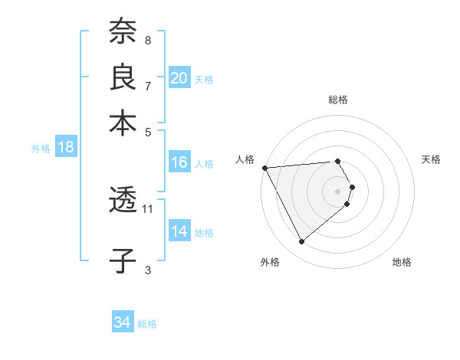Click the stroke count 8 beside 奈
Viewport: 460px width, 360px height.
148,40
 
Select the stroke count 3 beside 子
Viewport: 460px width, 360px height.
148,269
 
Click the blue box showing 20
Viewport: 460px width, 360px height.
179,78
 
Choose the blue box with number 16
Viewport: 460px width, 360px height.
179,162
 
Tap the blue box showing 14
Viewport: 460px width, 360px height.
179,231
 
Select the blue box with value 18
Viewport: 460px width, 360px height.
65,148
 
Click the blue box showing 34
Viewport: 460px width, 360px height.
122,322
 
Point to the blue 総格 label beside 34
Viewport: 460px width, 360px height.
147,324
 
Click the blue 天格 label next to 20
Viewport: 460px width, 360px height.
204,80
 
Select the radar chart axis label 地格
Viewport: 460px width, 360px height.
402,263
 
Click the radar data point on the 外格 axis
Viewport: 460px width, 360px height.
301,241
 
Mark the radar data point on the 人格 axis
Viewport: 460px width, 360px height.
264,167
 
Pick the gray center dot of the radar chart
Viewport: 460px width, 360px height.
338,191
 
